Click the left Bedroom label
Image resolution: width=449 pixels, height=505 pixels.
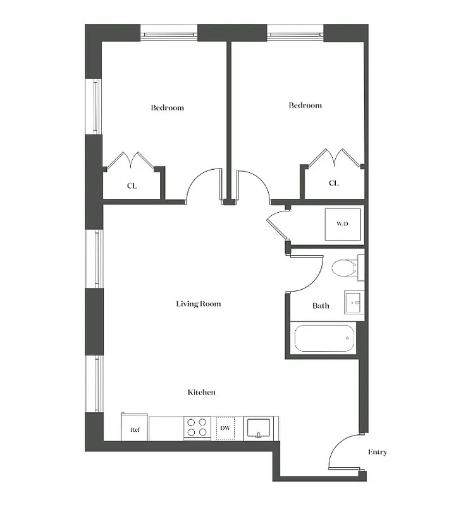[x=167, y=108]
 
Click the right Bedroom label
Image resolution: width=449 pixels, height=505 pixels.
[x=305, y=105]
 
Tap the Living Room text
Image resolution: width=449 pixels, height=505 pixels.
[x=199, y=304]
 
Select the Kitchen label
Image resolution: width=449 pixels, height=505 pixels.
[x=202, y=393]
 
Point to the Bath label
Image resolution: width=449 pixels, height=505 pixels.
[x=321, y=306]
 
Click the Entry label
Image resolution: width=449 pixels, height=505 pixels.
[x=378, y=453]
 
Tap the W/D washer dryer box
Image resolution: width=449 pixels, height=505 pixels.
[x=342, y=224]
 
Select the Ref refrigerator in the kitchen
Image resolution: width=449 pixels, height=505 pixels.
[x=135, y=429]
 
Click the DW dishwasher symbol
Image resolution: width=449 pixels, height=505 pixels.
[x=225, y=428]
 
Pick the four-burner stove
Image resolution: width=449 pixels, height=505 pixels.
[x=197, y=428]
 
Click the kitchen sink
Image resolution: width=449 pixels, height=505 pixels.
[x=258, y=427]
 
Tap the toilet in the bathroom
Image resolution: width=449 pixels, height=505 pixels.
[x=344, y=268]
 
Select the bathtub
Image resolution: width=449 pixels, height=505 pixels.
[x=323, y=338]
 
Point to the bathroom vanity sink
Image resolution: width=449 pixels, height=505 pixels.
[x=353, y=302]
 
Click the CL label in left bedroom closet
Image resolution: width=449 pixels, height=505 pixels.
[x=132, y=186]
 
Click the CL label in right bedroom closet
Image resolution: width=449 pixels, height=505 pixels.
[x=333, y=183]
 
